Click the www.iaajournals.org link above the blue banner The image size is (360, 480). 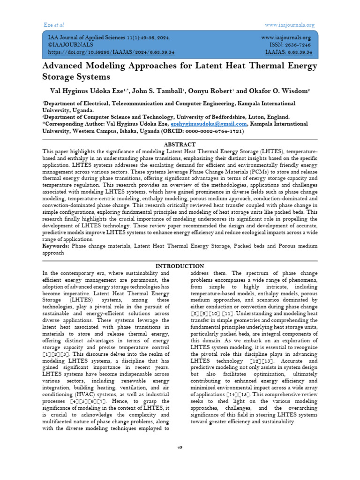click(290, 25)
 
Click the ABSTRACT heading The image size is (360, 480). click(180, 144)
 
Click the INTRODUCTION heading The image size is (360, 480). click(180, 266)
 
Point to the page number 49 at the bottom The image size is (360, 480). click(180, 447)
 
